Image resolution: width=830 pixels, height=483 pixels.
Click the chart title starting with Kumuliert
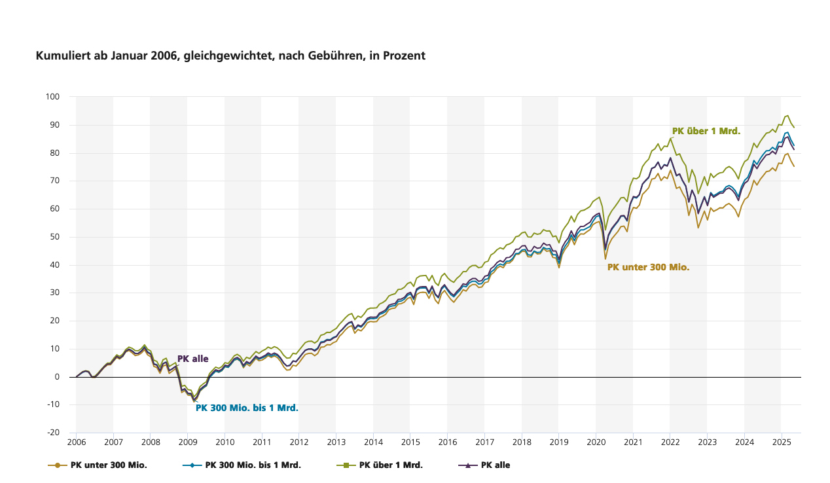pos(230,56)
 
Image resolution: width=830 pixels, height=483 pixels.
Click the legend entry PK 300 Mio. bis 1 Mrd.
pos(253,465)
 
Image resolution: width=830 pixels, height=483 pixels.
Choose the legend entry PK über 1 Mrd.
pos(391,465)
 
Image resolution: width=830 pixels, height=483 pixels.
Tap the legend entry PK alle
pos(495,465)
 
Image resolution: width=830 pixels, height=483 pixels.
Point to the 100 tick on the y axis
pos(53,97)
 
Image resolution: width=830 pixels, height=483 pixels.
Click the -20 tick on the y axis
pos(53,433)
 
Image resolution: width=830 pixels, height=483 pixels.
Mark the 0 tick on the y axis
pos(57,377)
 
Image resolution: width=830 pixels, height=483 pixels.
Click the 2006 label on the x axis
pos(77,443)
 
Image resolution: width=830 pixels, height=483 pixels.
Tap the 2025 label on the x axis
pos(781,443)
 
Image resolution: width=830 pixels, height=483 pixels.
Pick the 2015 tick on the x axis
pos(410,443)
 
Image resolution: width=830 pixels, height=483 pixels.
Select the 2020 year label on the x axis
pos(596,443)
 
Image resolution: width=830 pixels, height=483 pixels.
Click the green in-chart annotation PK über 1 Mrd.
pos(706,131)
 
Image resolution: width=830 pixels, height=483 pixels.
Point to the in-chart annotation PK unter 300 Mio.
pos(648,267)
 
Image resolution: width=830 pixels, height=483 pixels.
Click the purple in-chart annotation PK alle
pos(192,359)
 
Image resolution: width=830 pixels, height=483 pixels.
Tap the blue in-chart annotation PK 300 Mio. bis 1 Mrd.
pos(247,408)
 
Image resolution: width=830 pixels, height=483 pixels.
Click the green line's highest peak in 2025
pos(787,116)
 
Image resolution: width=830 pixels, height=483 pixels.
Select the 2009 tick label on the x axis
pos(188,443)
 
